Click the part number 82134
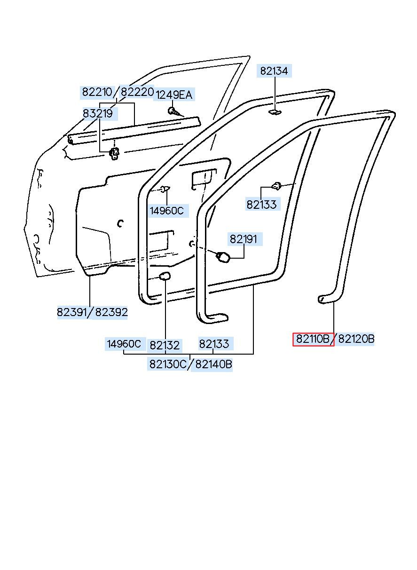[274, 71]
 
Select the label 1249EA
[174, 95]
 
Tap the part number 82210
[97, 92]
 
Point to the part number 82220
[137, 92]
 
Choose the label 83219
[98, 113]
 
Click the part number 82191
[244, 239]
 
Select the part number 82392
[111, 312]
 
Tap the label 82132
[165, 345]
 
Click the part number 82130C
[168, 364]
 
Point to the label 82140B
[213, 364]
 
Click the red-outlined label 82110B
[313, 339]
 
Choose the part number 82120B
[356, 339]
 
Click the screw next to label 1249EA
[173, 111]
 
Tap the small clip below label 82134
[274, 112]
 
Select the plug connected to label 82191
[222, 257]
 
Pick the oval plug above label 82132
[165, 276]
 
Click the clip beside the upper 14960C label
[164, 189]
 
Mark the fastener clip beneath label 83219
[114, 153]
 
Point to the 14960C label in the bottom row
[124, 344]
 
